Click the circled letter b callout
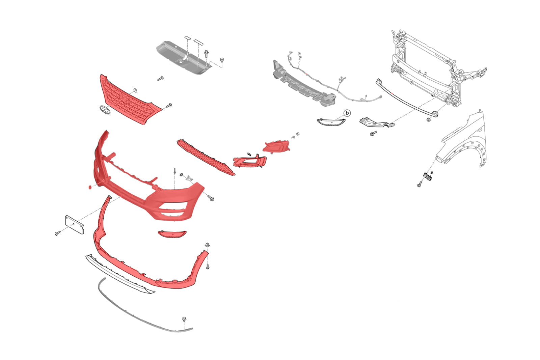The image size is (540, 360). pyautogui.click(x=347, y=113)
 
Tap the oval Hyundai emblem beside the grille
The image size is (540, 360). pyautogui.click(x=105, y=110)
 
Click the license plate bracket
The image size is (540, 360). pyautogui.click(x=75, y=225)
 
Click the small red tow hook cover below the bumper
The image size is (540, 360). pyautogui.click(x=172, y=234)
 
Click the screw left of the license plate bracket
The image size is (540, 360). pyautogui.click(x=58, y=233)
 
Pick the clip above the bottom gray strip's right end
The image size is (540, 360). pyautogui.click(x=184, y=320)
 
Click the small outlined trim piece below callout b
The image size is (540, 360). pyautogui.click(x=331, y=122)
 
